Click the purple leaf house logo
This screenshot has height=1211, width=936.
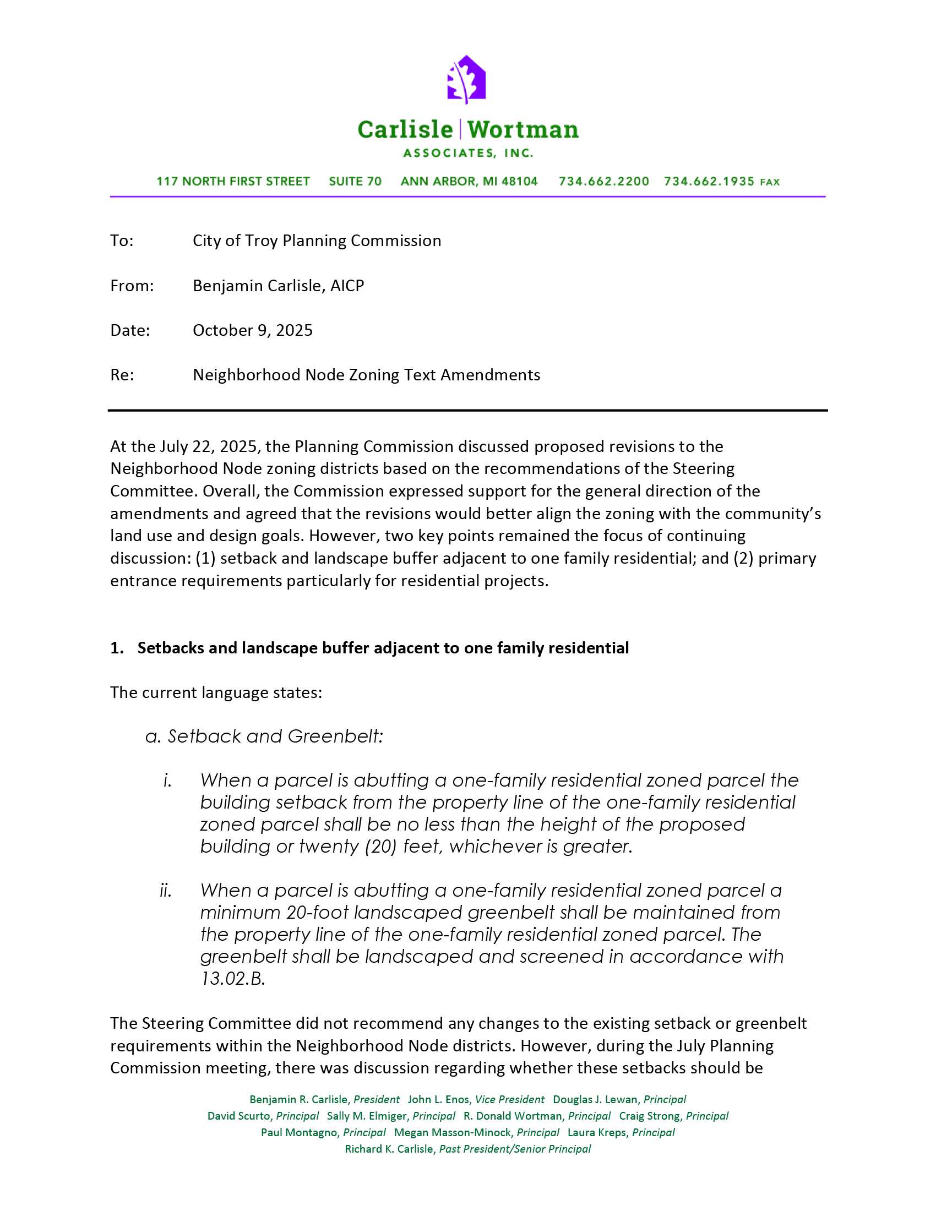pyautogui.click(x=466, y=79)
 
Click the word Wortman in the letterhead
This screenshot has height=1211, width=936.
pyautogui.click(x=523, y=130)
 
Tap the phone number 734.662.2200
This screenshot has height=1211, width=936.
pyautogui.click(x=603, y=181)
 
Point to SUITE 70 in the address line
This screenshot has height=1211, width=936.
pyautogui.click(x=355, y=181)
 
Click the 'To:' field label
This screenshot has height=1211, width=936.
pyautogui.click(x=122, y=241)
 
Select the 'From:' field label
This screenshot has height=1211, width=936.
pyautogui.click(x=132, y=286)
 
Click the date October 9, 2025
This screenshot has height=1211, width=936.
pyautogui.click(x=252, y=330)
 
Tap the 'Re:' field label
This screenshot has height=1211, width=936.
pyautogui.click(x=122, y=375)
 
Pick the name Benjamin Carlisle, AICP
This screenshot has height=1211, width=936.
pyautogui.click(x=278, y=286)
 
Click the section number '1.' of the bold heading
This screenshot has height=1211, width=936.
pyautogui.click(x=116, y=648)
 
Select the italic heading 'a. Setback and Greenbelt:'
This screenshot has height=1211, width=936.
pyautogui.click(x=264, y=737)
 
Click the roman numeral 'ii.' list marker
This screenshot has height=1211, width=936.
pyautogui.click(x=166, y=891)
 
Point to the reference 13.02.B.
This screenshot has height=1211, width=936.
pyautogui.click(x=232, y=979)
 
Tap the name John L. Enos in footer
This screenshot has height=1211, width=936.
pyautogui.click(x=438, y=1100)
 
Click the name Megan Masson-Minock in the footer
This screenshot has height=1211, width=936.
pyautogui.click(x=453, y=1132)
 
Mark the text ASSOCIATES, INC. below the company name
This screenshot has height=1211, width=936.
pyautogui.click(x=468, y=153)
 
